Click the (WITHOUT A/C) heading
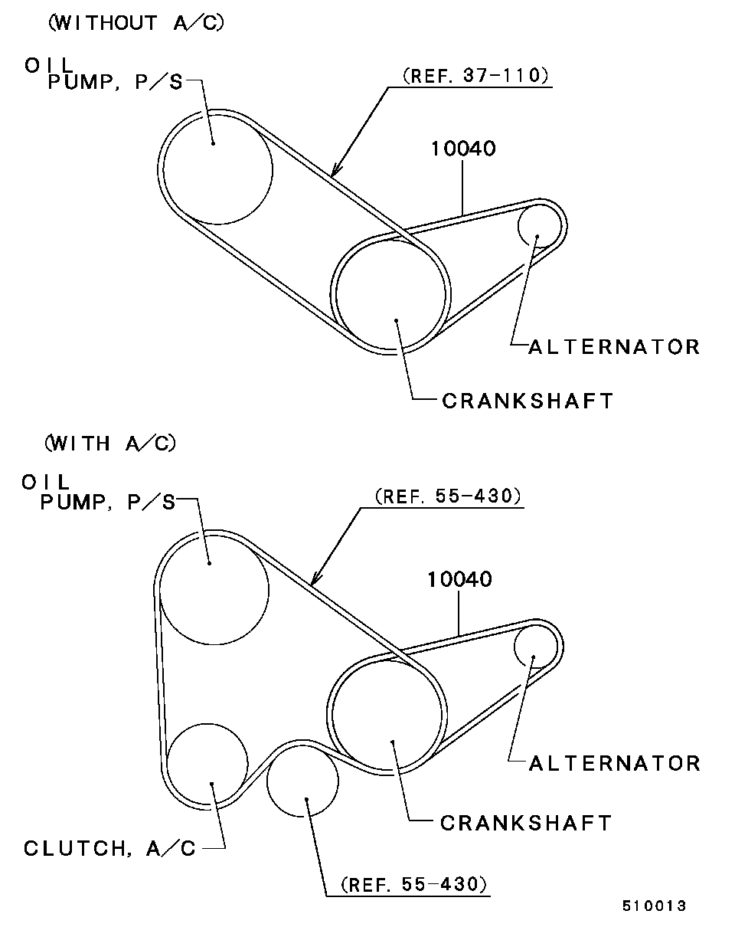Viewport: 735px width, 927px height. (x=136, y=22)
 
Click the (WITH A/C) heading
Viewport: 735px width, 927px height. (x=110, y=443)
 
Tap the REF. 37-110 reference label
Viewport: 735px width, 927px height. (x=476, y=76)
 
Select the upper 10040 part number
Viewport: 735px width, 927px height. (x=463, y=149)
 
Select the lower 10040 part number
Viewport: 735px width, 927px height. (x=459, y=579)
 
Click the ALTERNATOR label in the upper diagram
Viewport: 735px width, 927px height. (x=615, y=347)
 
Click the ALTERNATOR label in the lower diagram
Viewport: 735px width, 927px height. (x=615, y=763)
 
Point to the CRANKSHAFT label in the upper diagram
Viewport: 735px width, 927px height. (x=528, y=401)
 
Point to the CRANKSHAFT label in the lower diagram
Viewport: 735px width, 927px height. (x=526, y=823)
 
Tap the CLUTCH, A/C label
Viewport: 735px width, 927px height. (x=109, y=848)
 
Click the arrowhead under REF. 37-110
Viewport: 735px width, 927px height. (x=336, y=170)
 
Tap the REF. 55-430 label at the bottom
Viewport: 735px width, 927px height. (x=413, y=884)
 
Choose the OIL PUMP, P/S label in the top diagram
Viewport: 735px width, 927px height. (x=103, y=74)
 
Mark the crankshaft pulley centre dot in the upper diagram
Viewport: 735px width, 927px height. (x=397, y=320)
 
